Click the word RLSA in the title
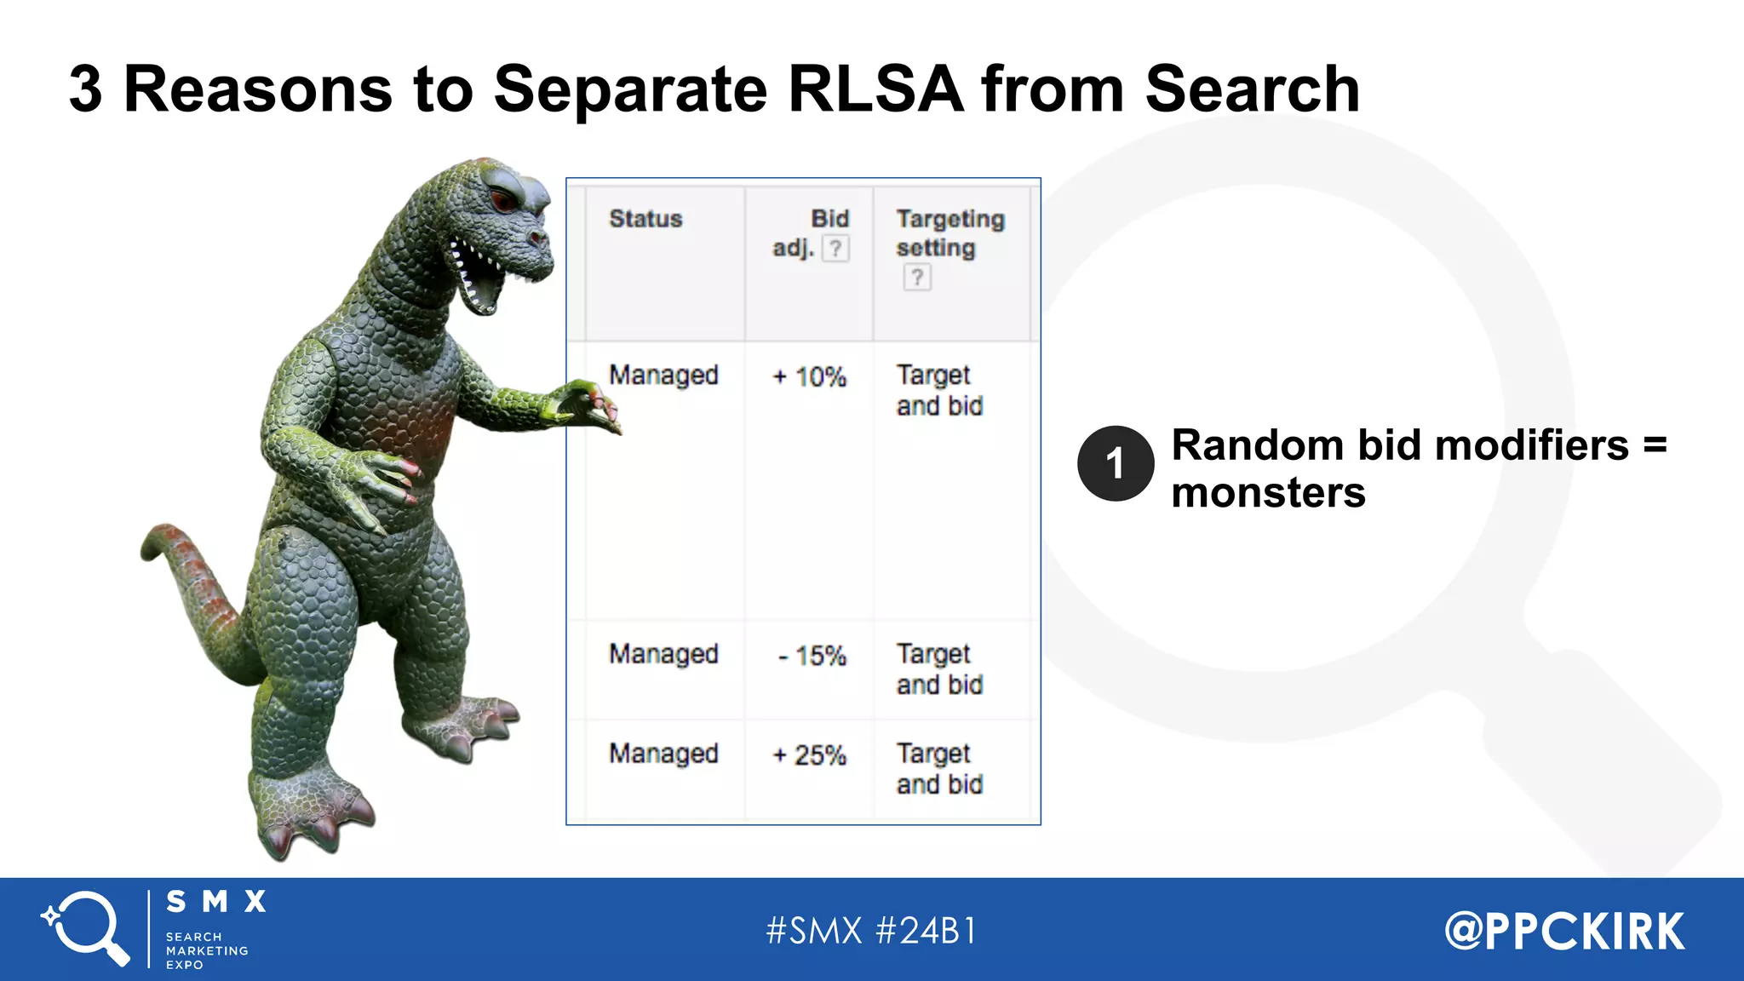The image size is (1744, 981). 875,89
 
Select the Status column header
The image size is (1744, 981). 645,219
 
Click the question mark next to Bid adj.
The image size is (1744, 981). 836,249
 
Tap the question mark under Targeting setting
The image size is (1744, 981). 917,278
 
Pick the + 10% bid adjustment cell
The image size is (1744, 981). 809,376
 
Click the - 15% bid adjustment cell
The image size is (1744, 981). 812,656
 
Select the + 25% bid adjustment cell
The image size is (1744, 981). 809,755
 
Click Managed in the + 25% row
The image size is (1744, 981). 663,754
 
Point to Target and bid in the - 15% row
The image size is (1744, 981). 939,669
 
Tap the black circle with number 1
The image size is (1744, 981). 1115,463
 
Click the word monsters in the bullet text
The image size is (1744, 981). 1268,493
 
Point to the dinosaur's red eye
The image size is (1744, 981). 502,201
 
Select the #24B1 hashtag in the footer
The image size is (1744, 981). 926,930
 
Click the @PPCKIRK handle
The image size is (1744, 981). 1564,931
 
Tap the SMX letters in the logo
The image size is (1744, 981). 216,902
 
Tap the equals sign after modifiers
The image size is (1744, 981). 1654,445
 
